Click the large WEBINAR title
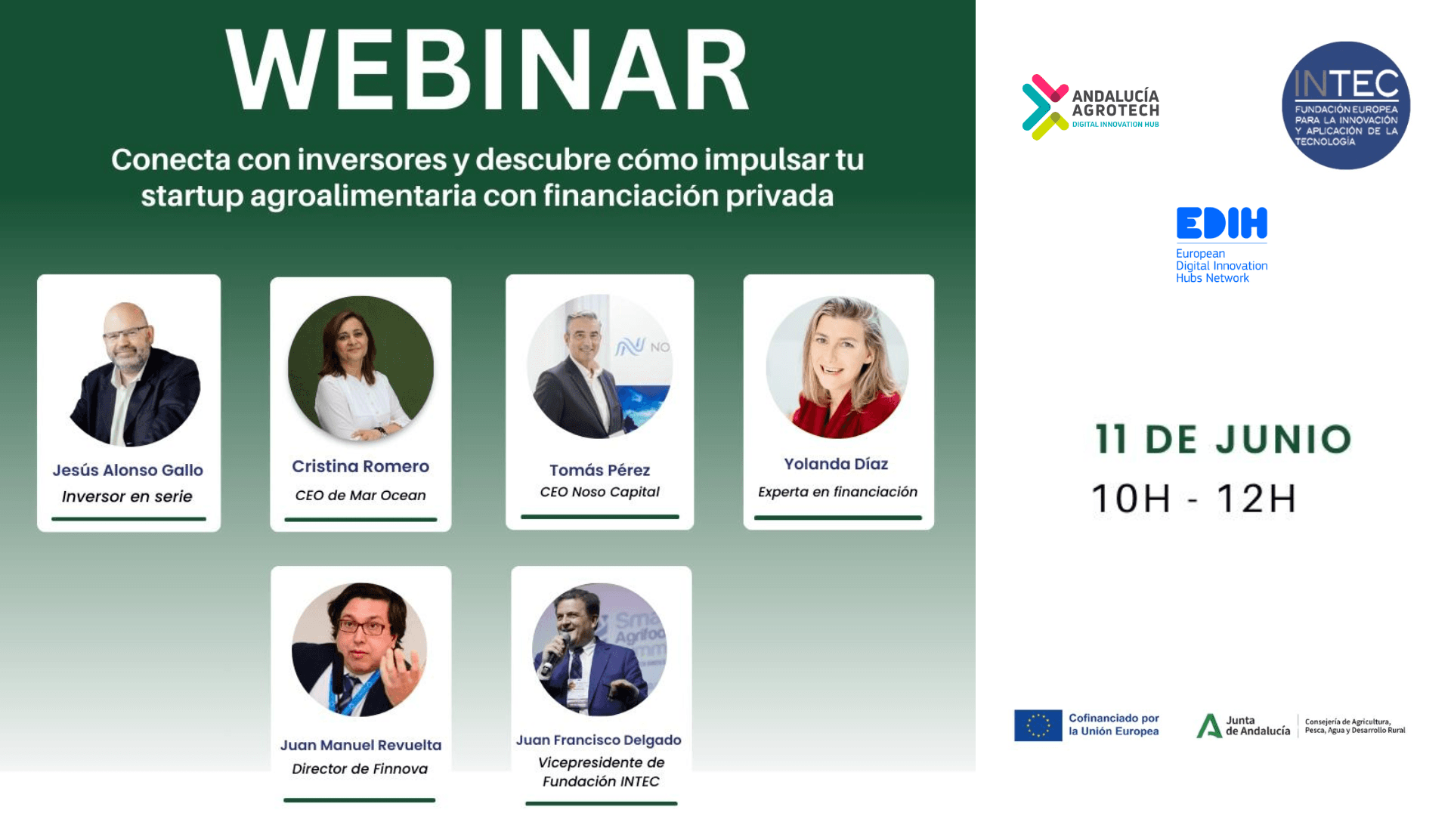click(x=487, y=71)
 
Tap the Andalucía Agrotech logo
click(x=1091, y=107)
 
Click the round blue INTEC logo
click(x=1346, y=106)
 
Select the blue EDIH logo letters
click(x=1221, y=224)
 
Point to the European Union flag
click(x=1038, y=725)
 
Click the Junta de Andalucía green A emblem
click(x=1209, y=725)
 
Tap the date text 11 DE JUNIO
click(x=1223, y=439)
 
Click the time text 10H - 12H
click(x=1194, y=499)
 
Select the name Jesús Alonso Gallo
click(x=128, y=470)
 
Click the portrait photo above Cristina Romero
click(x=360, y=368)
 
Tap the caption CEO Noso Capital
click(x=599, y=492)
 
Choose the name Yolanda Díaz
click(x=836, y=464)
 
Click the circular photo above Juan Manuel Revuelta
click(x=360, y=650)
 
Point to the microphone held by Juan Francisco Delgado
click(x=554, y=654)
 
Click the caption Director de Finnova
click(x=360, y=768)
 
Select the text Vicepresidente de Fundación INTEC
click(x=601, y=771)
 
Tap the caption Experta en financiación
click(x=837, y=492)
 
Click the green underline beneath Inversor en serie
click(x=128, y=519)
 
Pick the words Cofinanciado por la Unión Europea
click(x=1113, y=725)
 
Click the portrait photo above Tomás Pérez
click(x=599, y=366)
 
